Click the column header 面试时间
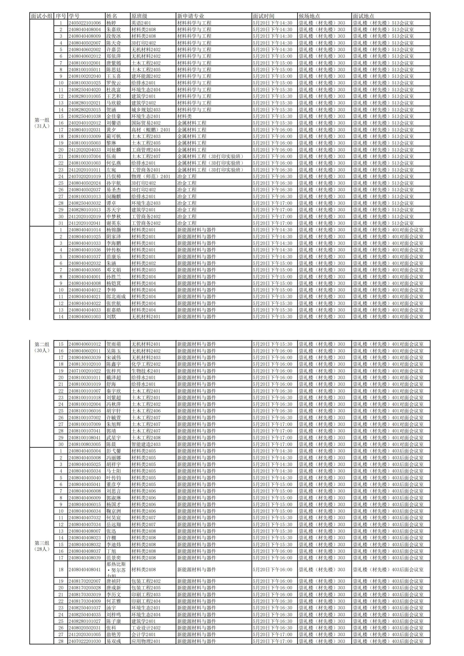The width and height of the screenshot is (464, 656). pyautogui.click(x=263, y=16)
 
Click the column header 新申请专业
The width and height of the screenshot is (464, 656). pyautogui.click(x=191, y=16)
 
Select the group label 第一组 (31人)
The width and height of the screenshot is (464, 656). pyautogui.click(x=42, y=123)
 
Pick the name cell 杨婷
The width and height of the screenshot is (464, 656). pyautogui.click(x=111, y=23)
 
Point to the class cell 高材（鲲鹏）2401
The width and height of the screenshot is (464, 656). pyautogui.click(x=151, y=130)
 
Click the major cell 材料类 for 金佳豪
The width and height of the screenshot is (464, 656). pyautogui.click(x=184, y=116)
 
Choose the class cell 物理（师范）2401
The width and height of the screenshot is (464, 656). pyautogui.click(x=151, y=177)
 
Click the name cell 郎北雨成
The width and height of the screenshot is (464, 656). pyautogui.click(x=116, y=297)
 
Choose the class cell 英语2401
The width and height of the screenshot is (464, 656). pyautogui.click(x=141, y=23)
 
